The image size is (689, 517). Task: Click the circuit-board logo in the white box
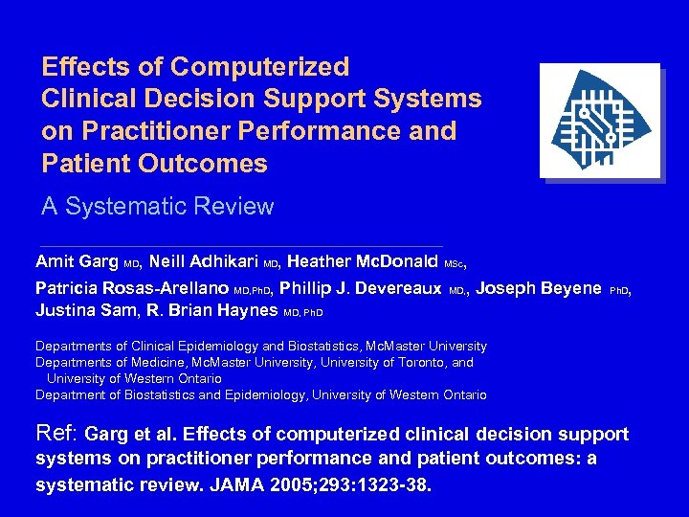click(599, 121)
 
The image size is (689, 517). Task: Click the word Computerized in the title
click(260, 67)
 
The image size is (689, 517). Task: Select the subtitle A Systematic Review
click(158, 206)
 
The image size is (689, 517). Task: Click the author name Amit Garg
click(78, 261)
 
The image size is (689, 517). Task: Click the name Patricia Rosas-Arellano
click(132, 288)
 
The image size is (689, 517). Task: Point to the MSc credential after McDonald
click(455, 263)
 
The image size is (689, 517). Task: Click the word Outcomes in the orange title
click(203, 164)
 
